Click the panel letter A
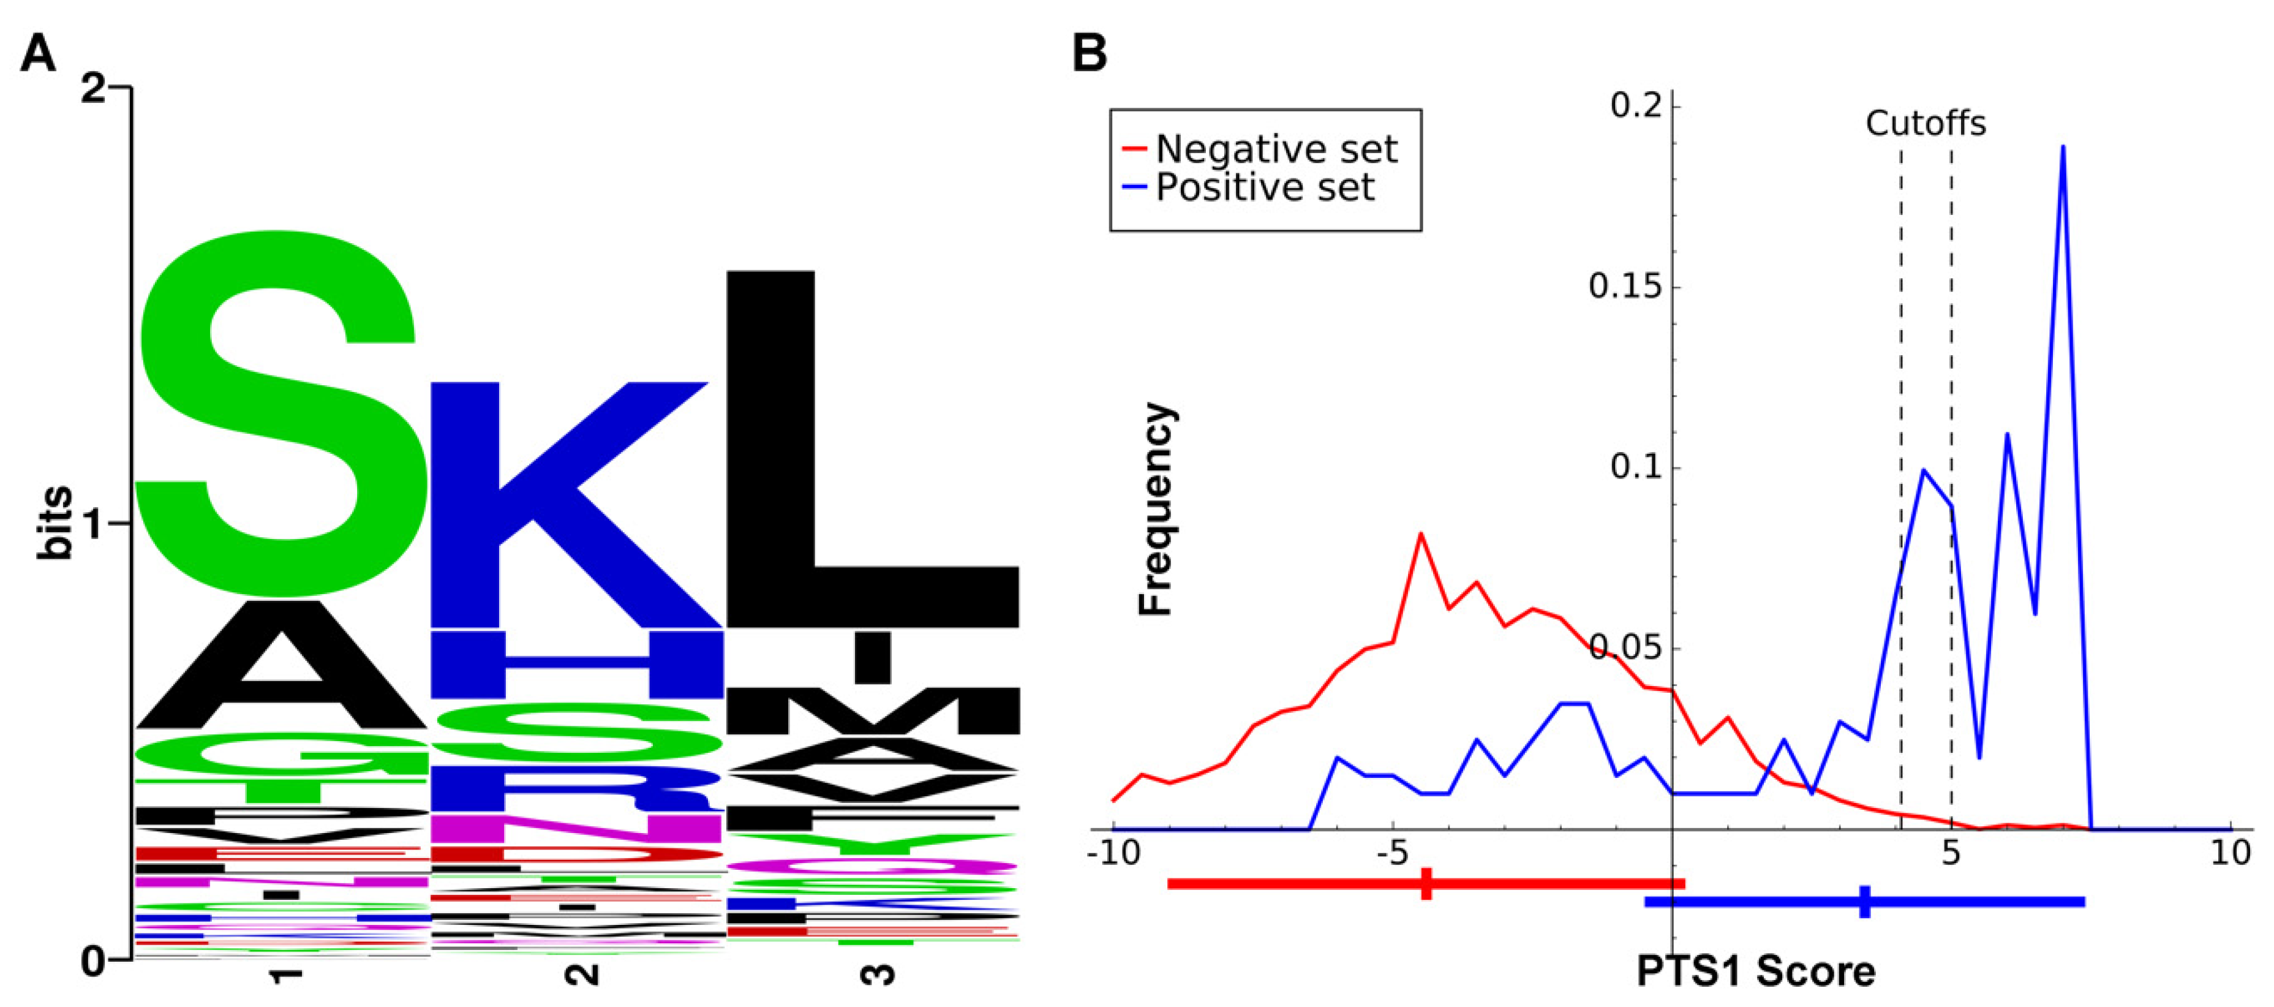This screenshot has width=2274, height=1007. coord(38,54)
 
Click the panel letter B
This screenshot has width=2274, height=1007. coord(1090,54)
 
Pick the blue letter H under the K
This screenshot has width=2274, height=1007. coord(576,664)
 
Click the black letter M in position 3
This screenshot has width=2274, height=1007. coord(872,711)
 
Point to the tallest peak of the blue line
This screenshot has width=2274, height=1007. coord(2063,148)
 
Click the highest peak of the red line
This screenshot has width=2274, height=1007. coord(1420,535)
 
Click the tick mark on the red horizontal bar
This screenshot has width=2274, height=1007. coord(1426,883)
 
